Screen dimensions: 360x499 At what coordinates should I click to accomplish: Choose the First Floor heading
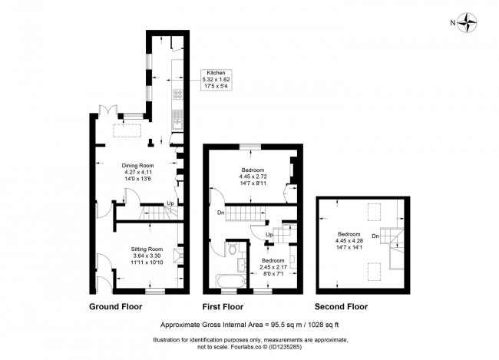(223, 306)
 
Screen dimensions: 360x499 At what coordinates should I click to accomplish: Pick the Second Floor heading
(341, 306)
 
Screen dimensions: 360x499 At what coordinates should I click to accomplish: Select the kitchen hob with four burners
(179, 96)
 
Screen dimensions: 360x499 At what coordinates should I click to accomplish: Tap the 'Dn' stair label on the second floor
(375, 236)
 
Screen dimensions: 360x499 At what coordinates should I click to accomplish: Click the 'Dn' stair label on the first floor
(220, 213)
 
